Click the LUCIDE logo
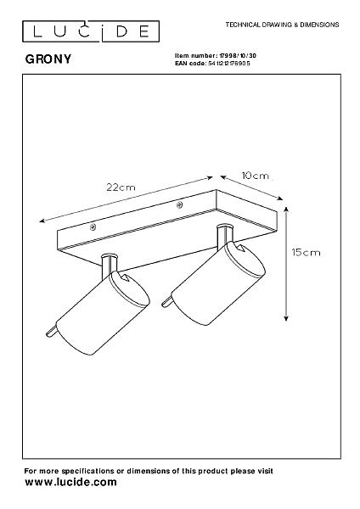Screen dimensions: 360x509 pyautogui.click(x=91, y=31)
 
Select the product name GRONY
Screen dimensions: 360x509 pyautogui.click(x=48, y=59)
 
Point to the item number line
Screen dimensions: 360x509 pyautogui.click(x=216, y=56)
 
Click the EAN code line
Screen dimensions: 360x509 pyautogui.click(x=212, y=64)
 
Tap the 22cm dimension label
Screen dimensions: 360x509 pyautogui.click(x=121, y=187)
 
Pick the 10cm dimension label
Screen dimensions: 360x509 pyautogui.click(x=256, y=176)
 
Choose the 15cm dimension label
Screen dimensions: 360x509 pyautogui.click(x=306, y=252)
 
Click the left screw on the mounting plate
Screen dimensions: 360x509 pyautogui.click(x=93, y=227)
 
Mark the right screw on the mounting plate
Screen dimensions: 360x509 pyautogui.click(x=179, y=204)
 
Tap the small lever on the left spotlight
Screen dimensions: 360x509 pyautogui.click(x=51, y=332)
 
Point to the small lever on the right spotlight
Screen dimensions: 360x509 pyautogui.click(x=166, y=303)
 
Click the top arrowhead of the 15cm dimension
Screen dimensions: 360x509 pyautogui.click(x=286, y=210)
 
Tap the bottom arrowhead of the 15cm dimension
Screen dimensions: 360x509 pyautogui.click(x=286, y=317)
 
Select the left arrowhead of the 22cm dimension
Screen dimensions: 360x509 pyautogui.click(x=42, y=221)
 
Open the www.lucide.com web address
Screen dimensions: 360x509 pyautogui.click(x=70, y=482)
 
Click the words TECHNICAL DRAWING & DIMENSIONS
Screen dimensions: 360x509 pyautogui.click(x=282, y=25)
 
